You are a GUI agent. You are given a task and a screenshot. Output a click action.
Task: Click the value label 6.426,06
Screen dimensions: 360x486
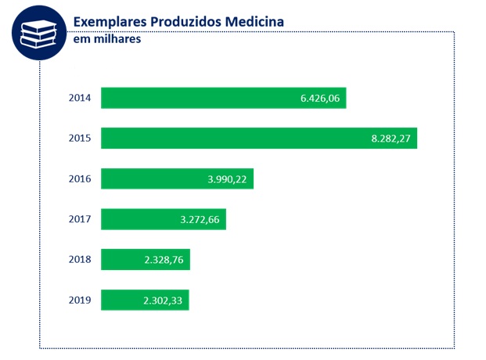pos(319,99)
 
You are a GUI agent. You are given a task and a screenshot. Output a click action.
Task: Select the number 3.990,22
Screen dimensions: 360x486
pos(227,179)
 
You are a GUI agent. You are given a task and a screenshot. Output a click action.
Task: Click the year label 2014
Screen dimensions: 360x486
pos(80,99)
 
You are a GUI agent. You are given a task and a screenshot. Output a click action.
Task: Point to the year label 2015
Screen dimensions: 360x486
pos(80,139)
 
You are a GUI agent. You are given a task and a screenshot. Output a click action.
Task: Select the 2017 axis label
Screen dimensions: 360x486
pos(80,219)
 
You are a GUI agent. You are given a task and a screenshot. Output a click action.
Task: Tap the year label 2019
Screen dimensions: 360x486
pos(80,300)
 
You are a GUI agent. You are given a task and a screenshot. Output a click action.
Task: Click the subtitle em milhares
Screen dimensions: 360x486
pos(106,39)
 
